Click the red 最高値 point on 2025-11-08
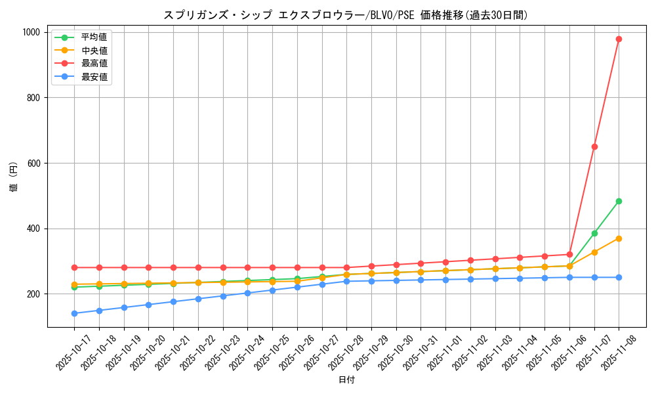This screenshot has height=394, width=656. (619, 39)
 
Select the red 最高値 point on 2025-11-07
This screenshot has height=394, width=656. (594, 146)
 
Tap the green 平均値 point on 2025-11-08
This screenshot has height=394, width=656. (619, 201)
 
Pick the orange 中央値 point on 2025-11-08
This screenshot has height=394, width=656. (619, 238)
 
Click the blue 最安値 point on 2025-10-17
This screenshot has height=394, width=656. (74, 313)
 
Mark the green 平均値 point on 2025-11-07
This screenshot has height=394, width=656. (594, 233)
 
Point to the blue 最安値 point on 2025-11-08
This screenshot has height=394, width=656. (619, 277)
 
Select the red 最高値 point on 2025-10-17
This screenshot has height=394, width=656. (74, 267)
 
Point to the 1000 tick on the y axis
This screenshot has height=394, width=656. (31, 32)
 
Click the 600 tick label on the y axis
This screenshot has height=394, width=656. (34, 163)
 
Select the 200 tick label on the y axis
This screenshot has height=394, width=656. (34, 294)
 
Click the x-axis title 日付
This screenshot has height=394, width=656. (346, 380)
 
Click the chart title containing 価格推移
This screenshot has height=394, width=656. (346, 15)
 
